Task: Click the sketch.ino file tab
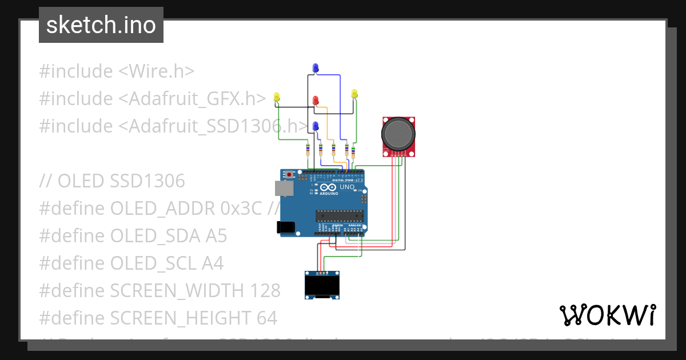[101, 25]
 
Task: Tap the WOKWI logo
[607, 315]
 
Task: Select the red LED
[316, 101]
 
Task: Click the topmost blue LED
[315, 69]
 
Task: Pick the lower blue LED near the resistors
[315, 126]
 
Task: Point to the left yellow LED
[277, 98]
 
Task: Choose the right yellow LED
[354, 94]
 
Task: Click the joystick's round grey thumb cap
[398, 133]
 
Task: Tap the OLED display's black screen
[322, 285]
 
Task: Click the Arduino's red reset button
[290, 174]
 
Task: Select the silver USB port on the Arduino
[282, 189]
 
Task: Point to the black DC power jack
[285, 227]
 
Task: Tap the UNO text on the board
[347, 187]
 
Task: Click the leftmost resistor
[308, 150]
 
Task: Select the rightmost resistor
[353, 153]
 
